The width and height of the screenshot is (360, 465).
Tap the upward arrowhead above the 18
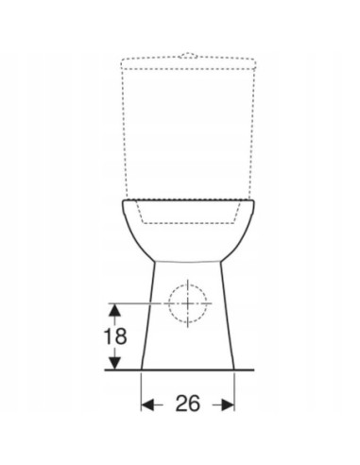pyautogui.click(x=113, y=308)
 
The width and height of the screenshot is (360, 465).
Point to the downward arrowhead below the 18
pyautogui.click(x=113, y=363)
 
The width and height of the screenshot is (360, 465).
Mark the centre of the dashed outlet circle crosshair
pyautogui.click(x=187, y=303)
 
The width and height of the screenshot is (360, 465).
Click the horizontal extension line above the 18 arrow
pyautogui.click(x=132, y=302)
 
